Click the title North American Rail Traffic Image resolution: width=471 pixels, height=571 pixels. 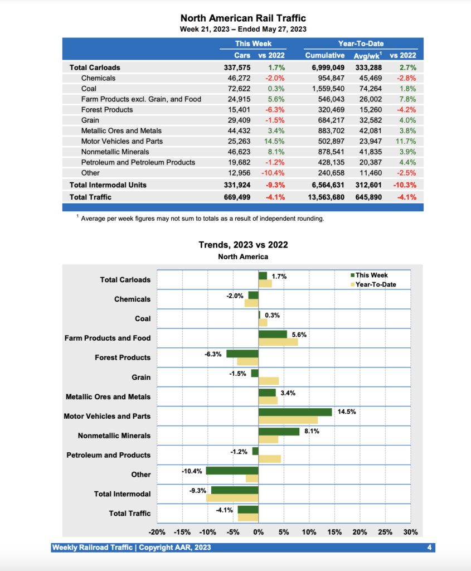pyautogui.click(x=243, y=19)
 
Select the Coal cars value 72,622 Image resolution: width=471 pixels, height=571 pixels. pyautogui.click(x=239, y=89)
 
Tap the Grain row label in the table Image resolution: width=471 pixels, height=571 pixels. pyautogui.click(x=90, y=120)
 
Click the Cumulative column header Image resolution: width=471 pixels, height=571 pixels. pyautogui.click(x=326, y=56)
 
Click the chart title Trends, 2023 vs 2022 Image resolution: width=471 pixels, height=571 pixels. pyautogui.click(x=243, y=245)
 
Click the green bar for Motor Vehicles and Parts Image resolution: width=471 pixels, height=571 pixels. pyautogui.click(x=295, y=412)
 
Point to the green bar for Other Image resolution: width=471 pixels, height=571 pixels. pyautogui.click(x=232, y=471)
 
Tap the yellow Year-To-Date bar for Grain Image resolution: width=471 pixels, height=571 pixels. pyautogui.click(x=269, y=381)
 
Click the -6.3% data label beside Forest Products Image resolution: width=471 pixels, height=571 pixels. pyautogui.click(x=213, y=354)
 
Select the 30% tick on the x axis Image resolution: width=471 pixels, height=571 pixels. pyautogui.click(x=410, y=532)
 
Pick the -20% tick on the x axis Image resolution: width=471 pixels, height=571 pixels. pyautogui.click(x=157, y=532)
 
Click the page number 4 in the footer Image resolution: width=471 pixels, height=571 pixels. pyautogui.click(x=430, y=548)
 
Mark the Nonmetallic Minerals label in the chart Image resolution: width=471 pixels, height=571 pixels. pyautogui.click(x=114, y=435)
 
